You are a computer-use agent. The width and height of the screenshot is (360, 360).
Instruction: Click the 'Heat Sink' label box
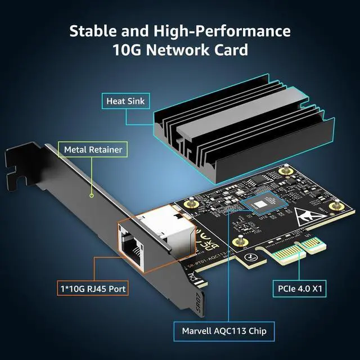pyautogui.click(x=125, y=101)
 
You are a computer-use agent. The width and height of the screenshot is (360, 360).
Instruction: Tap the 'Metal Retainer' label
pyautogui.click(x=93, y=150)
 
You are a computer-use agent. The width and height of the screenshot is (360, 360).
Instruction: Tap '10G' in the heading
pyautogui.click(x=128, y=49)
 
